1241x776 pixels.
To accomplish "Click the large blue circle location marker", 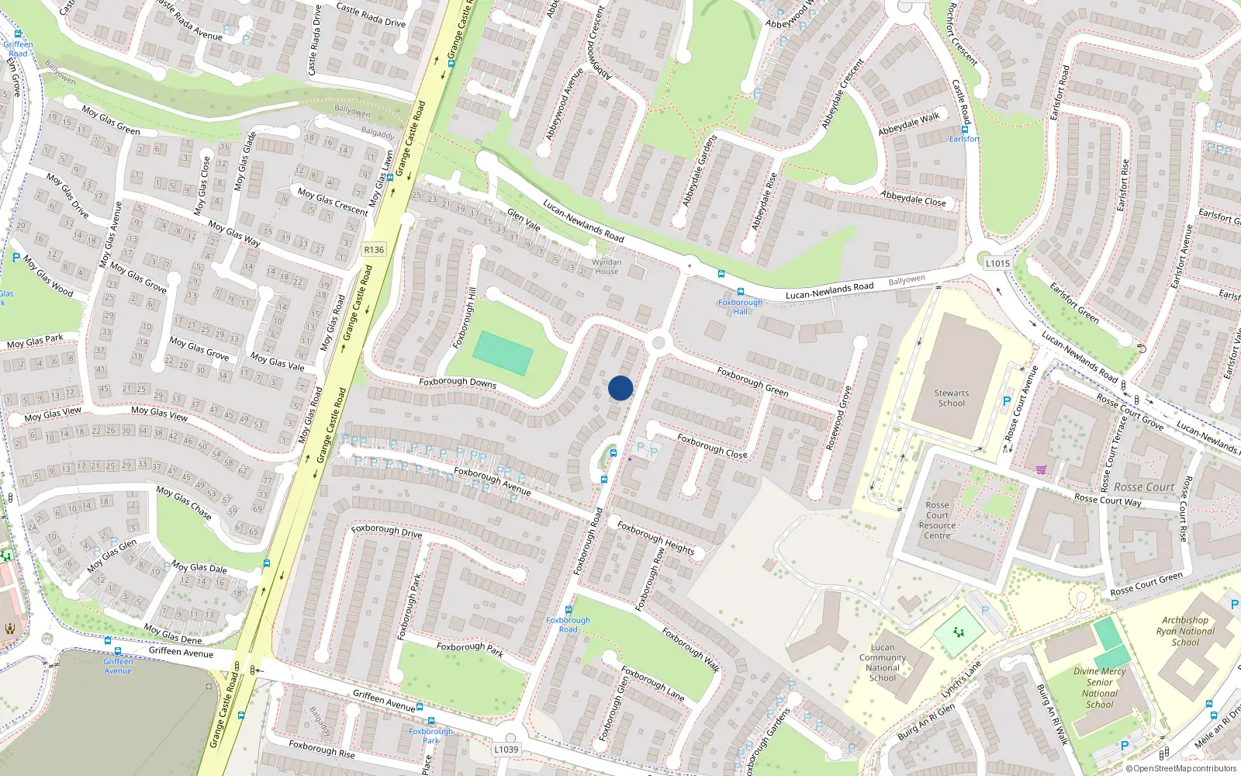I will tap(620, 388).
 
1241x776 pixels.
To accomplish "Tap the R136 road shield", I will tap(374, 250).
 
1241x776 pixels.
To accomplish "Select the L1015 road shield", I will tap(997, 263).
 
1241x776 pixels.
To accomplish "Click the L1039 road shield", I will tap(506, 750).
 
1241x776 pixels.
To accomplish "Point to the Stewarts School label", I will tap(951, 398).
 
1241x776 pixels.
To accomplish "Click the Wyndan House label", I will tap(607, 267).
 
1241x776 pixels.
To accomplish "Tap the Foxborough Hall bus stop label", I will tap(740, 307).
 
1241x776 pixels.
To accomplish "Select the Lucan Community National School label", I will tap(883, 663).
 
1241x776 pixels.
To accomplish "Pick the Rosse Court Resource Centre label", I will tap(937, 520).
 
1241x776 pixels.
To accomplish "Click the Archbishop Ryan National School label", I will tap(1185, 631).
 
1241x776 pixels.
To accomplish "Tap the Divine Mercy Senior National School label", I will tap(1100, 688).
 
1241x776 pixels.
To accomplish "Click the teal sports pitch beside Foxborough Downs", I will tap(503, 353).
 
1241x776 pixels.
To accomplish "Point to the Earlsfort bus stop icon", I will tap(965, 130).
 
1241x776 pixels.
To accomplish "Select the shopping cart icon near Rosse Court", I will tap(1041, 469).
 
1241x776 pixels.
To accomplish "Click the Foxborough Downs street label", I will tap(458, 382).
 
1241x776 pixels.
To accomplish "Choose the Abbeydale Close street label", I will tap(913, 199).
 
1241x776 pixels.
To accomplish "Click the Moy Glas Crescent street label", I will tap(333, 201).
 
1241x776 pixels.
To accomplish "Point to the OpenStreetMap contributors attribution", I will tap(1181, 769).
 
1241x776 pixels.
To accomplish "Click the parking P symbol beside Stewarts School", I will tap(1007, 402).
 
